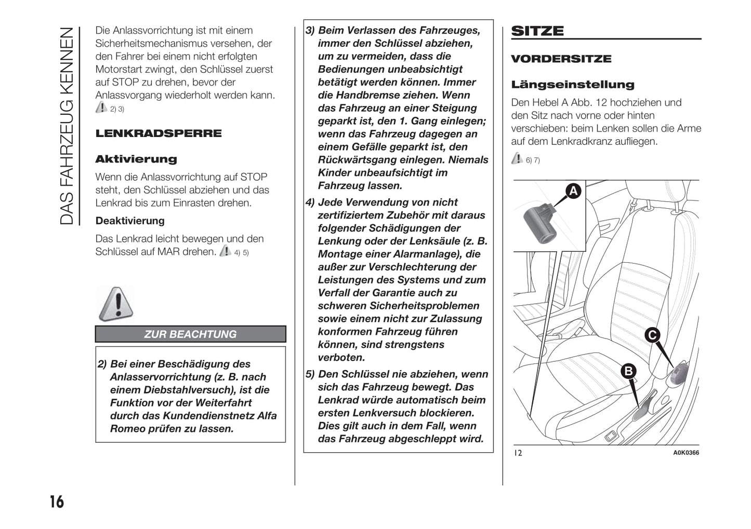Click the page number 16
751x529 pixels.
click(x=57, y=501)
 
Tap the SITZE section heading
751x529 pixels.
click(x=537, y=31)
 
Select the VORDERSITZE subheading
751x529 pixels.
click(x=561, y=59)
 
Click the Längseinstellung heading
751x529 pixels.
click(x=572, y=85)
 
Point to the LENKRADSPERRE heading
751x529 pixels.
click(x=158, y=133)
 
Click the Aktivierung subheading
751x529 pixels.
click(x=136, y=159)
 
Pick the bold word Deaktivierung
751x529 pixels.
click(x=129, y=221)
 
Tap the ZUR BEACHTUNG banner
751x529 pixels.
click(x=190, y=334)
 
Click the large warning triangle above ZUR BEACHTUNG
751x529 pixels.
click(x=116, y=304)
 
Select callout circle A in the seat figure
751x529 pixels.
click(x=573, y=191)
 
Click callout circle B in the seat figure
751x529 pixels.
click(x=628, y=371)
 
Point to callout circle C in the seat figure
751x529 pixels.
click(x=652, y=335)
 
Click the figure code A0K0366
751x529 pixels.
click(x=686, y=453)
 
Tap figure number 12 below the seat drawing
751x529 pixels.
click(x=518, y=453)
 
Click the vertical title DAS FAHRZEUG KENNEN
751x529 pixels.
click(x=68, y=126)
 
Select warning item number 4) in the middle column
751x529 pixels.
click(x=310, y=202)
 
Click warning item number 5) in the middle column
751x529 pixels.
click(x=310, y=374)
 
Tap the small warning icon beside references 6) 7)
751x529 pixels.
click(x=517, y=158)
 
